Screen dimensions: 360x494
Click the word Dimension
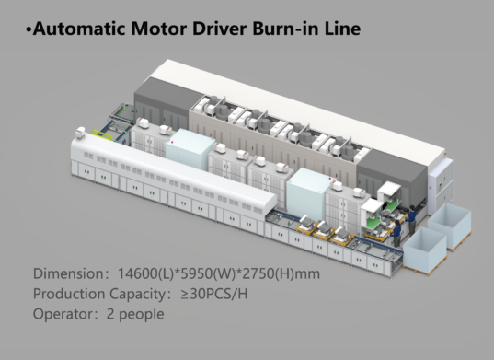click(x=69, y=274)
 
